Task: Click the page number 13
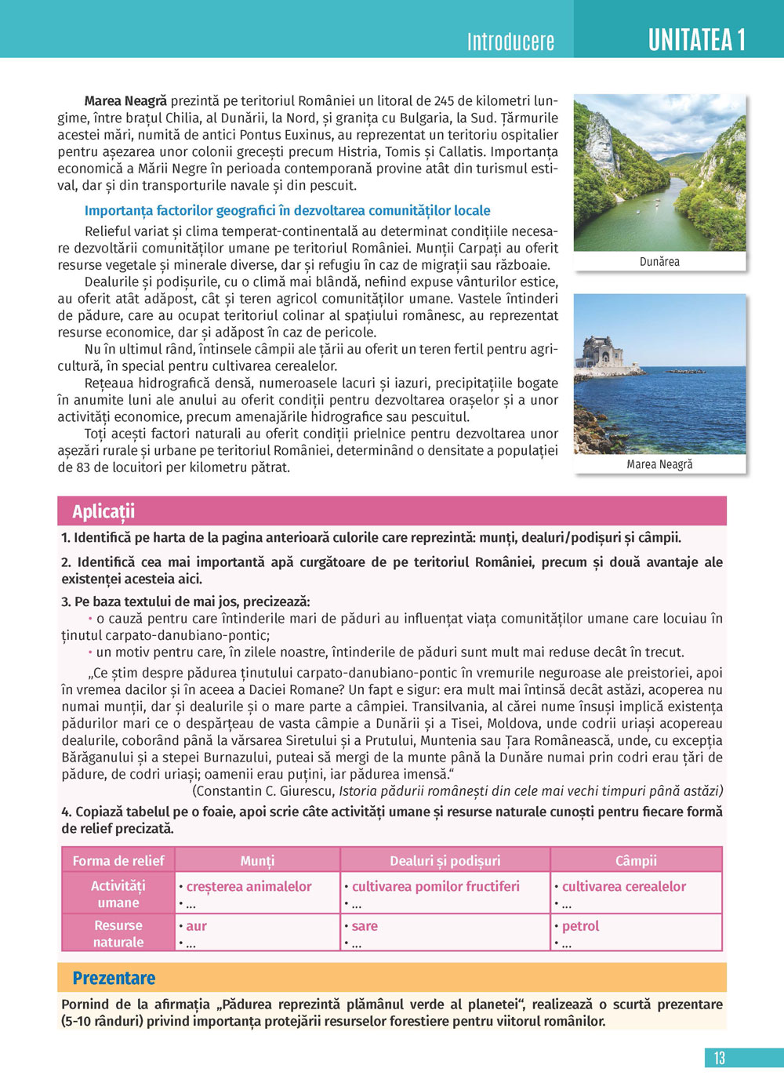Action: [x=719, y=1058]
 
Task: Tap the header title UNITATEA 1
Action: [x=696, y=39]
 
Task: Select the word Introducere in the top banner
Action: [x=510, y=42]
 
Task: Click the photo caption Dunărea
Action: [x=659, y=262]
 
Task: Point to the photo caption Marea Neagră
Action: [x=659, y=464]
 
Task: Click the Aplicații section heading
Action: [x=103, y=511]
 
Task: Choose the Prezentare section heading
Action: [x=114, y=978]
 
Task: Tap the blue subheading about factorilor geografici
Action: [x=287, y=210]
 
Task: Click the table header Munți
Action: [x=257, y=860]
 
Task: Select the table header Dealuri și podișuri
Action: [x=445, y=860]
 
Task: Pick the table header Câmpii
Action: [x=636, y=860]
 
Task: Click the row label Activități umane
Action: [x=118, y=894]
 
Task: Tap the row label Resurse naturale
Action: [x=118, y=933]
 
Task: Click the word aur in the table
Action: [x=197, y=926]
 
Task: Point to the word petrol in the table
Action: [x=580, y=926]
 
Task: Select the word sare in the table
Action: [x=365, y=926]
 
